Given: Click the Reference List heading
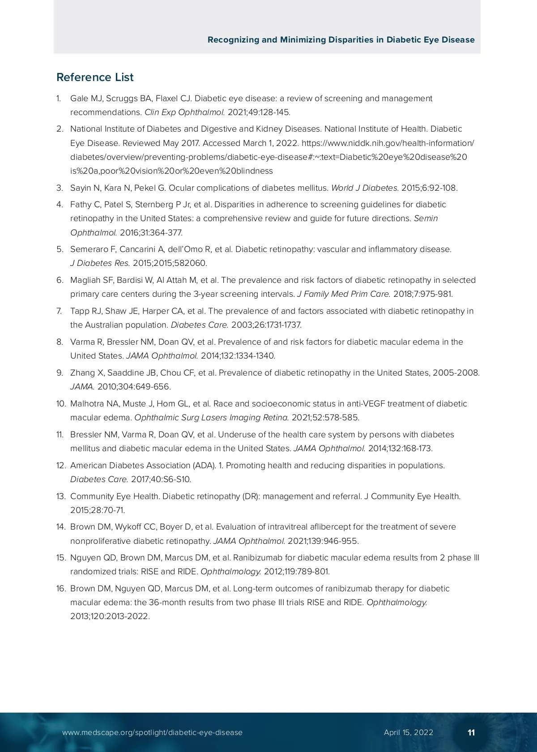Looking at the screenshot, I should click(95, 77).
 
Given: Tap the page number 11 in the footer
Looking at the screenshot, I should click(471, 732).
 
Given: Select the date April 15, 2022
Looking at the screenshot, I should click(408, 732).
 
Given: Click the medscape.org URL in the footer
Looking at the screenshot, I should click(152, 732).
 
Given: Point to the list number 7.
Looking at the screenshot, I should click(60, 311).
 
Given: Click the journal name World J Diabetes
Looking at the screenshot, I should click(364, 188).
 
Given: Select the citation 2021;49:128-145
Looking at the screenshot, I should click(259, 112).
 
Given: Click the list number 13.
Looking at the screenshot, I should click(61, 496).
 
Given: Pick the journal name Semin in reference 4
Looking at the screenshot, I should click(426, 218).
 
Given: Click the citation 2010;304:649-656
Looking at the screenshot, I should click(134, 387).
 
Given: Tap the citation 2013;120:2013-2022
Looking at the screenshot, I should click(110, 616).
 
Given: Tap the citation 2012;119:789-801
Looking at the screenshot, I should click(296, 572).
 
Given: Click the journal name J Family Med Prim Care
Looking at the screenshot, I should click(343, 294).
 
